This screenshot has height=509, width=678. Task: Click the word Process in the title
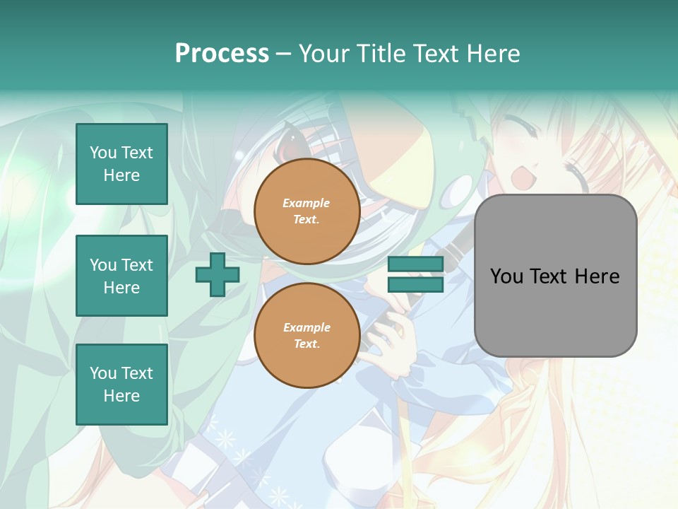click(x=222, y=54)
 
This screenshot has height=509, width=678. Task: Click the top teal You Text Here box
click(x=121, y=164)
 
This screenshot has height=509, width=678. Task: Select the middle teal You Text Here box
click(x=121, y=276)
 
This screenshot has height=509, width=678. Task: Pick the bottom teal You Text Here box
click(x=121, y=385)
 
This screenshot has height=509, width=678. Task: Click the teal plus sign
click(x=218, y=275)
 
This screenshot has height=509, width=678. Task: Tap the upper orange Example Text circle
click(x=307, y=211)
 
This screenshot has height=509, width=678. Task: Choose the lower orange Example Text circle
click(x=307, y=336)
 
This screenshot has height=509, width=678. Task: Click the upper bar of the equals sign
click(x=415, y=264)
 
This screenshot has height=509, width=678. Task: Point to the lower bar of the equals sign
click(x=415, y=285)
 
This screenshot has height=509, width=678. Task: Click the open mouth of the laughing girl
click(x=521, y=177)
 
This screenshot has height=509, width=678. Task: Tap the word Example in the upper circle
click(x=307, y=204)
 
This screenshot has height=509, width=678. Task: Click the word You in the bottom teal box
click(x=103, y=373)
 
